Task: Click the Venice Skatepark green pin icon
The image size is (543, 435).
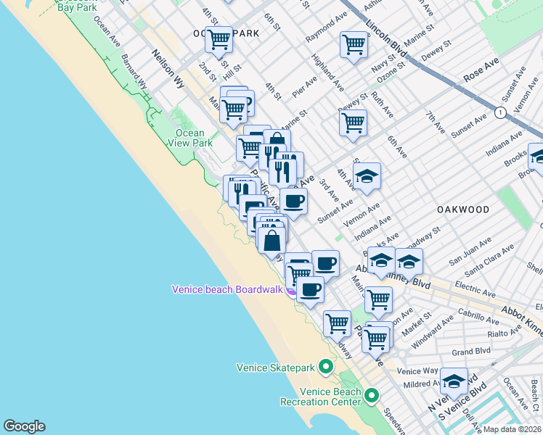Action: click(326, 367)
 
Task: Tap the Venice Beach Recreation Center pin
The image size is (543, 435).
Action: click(372, 396)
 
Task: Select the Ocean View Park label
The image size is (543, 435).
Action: click(189, 138)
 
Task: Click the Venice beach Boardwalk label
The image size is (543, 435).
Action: click(226, 289)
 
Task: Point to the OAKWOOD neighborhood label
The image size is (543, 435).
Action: click(463, 209)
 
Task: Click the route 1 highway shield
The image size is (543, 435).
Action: click(500, 112)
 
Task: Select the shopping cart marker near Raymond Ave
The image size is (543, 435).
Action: click(354, 44)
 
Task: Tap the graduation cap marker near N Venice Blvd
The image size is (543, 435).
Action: click(454, 381)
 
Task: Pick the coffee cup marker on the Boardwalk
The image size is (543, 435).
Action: click(310, 290)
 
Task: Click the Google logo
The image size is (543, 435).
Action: click(24, 426)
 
